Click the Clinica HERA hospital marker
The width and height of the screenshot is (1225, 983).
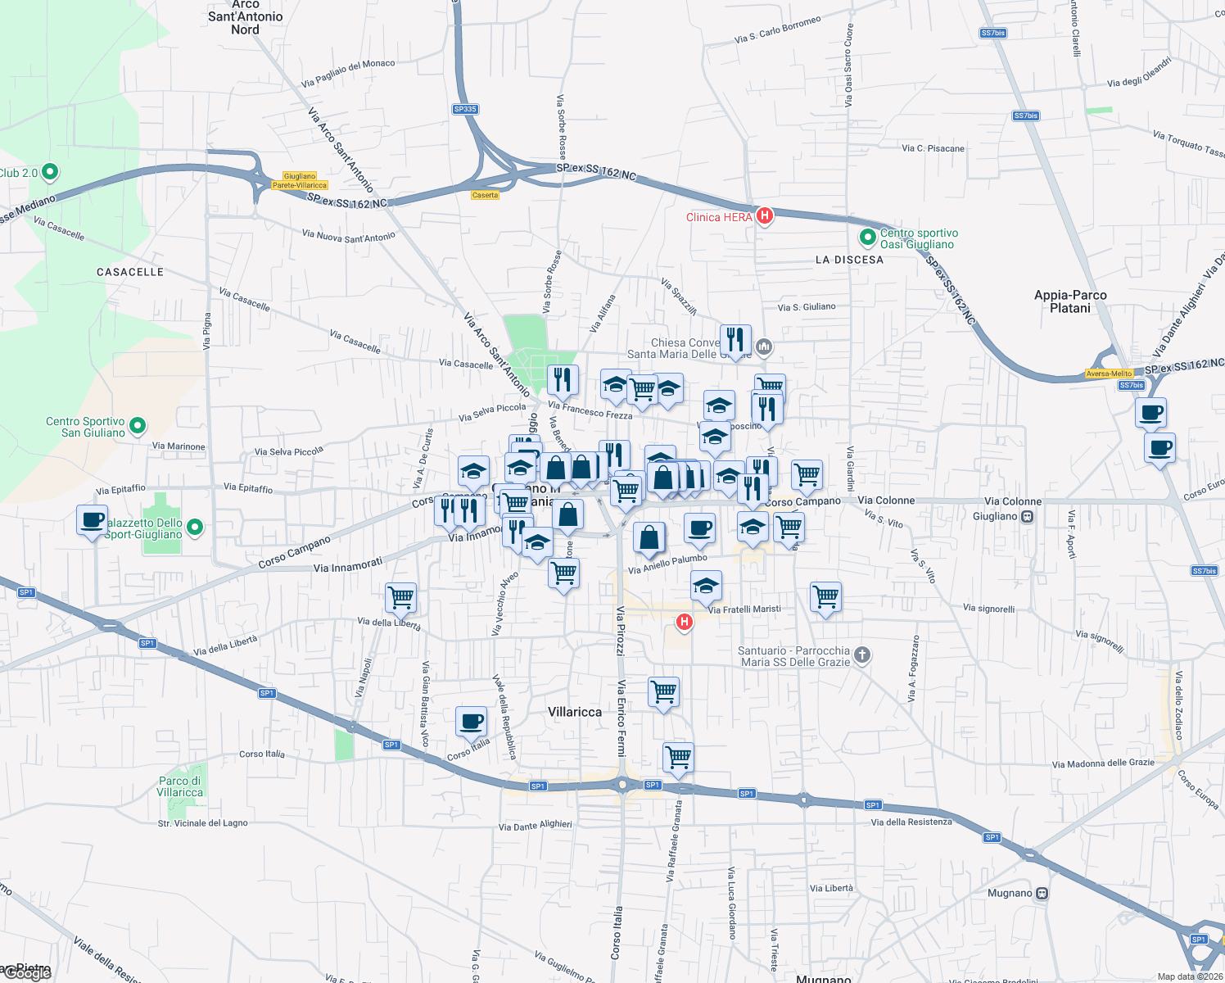click(764, 216)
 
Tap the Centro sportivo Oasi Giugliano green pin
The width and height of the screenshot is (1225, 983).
click(867, 238)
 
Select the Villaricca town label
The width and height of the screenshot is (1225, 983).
click(574, 712)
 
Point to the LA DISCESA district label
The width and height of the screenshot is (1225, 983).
click(849, 260)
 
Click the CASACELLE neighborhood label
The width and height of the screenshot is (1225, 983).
click(130, 272)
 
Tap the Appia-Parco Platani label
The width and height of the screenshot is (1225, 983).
click(1070, 301)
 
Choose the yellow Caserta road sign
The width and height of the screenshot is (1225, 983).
click(485, 195)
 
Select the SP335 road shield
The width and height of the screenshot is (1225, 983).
click(464, 109)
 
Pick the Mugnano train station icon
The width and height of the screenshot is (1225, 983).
click(1042, 893)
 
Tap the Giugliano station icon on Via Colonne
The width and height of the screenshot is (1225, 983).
click(1028, 516)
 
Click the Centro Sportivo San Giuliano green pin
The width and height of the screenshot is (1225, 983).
click(138, 425)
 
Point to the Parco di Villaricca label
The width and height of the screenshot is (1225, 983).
click(179, 786)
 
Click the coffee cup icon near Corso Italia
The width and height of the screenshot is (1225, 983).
click(471, 722)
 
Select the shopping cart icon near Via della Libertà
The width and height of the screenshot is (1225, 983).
click(400, 597)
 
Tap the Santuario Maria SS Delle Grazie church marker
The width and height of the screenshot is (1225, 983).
click(861, 655)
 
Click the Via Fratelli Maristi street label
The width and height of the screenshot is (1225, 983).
click(744, 609)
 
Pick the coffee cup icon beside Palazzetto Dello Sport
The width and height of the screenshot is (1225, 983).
click(92, 520)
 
